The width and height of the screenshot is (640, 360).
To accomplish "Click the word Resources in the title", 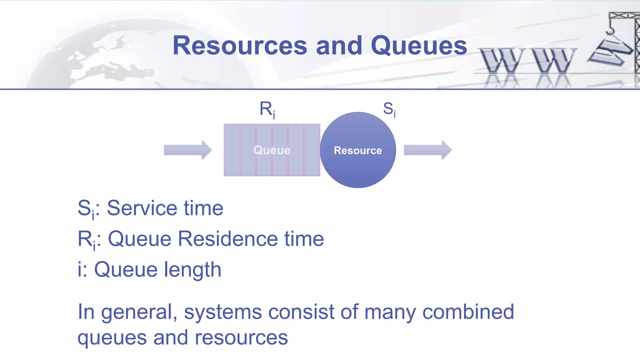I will click(240, 46).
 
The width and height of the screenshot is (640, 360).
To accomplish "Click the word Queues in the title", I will click(419, 46).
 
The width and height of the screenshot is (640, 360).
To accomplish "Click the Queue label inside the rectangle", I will click(272, 150).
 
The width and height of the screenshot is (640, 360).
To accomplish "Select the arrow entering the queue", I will click(188, 150).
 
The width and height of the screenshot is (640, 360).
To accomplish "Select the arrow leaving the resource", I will click(427, 150).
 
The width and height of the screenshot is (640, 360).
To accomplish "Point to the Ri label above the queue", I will click(267, 109).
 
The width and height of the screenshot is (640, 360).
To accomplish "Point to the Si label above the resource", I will click(389, 109).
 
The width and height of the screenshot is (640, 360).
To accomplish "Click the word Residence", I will click(228, 239).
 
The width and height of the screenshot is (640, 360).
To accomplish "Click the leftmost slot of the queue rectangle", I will click(232, 150).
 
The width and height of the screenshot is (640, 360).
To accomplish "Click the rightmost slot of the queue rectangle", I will click(312, 150).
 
